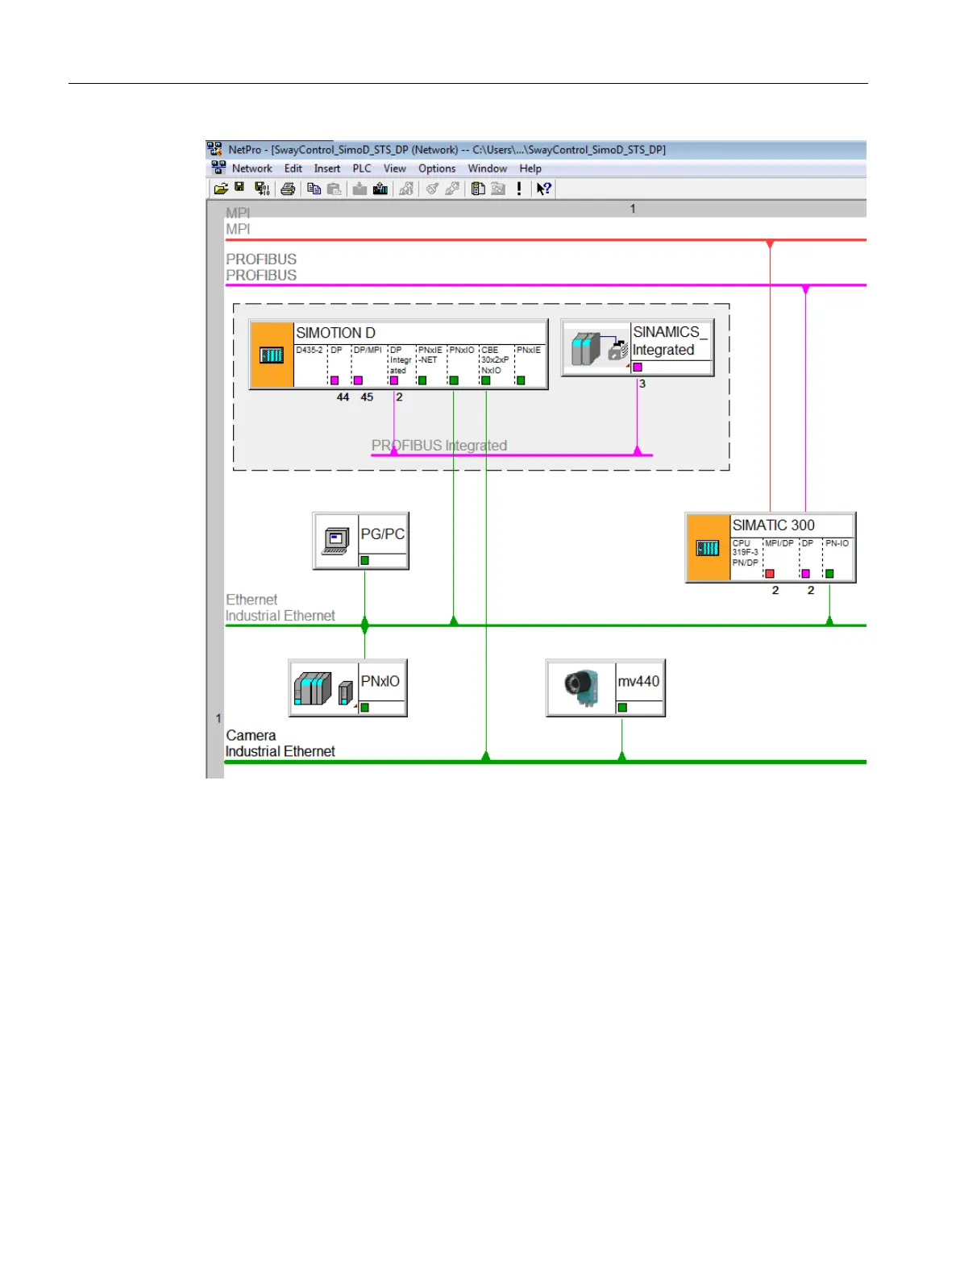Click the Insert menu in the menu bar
coord(326,168)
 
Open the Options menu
coord(437,168)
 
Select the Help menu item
coord(530,168)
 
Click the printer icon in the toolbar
coord(288,189)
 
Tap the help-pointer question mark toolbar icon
coord(544,189)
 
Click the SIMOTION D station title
coord(335,333)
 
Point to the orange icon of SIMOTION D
coord(272,355)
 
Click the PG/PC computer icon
coord(336,540)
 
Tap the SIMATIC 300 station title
coord(773,525)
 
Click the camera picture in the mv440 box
coord(581,687)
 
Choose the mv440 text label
coord(638,681)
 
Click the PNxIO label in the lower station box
coord(380,681)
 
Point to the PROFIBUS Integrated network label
coord(439,445)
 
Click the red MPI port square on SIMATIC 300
coord(770,574)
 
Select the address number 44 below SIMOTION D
coord(343,397)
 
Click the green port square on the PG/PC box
coord(365,560)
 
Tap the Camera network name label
coord(251,735)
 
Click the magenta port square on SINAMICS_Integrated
coord(638,368)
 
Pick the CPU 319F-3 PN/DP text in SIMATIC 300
coord(746,553)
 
